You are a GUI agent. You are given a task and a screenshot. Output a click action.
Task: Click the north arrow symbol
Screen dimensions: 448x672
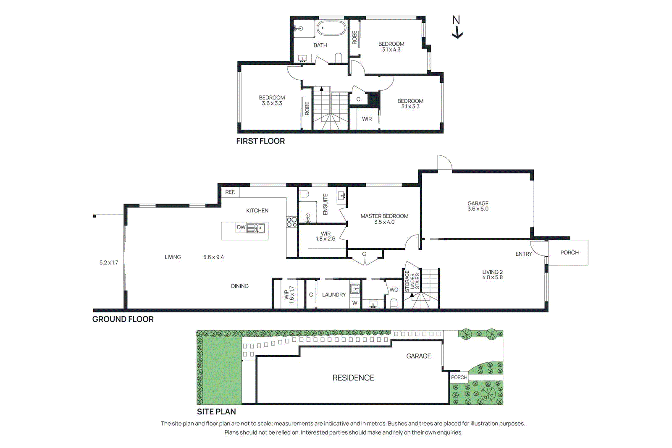point(457,27)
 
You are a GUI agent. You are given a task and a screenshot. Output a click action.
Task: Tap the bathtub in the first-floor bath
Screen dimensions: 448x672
point(331,29)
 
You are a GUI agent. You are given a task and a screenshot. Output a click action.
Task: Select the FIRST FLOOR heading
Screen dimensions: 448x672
point(260,141)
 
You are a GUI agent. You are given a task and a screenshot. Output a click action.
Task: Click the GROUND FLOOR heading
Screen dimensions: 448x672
point(123,319)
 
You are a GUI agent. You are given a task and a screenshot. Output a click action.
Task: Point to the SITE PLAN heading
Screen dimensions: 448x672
point(216,411)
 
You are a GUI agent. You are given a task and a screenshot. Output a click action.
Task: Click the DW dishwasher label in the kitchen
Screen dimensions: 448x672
point(241,228)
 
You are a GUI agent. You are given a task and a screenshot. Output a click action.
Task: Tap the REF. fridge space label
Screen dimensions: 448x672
point(230,192)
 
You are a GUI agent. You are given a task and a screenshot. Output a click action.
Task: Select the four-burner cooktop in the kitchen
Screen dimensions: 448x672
point(292,222)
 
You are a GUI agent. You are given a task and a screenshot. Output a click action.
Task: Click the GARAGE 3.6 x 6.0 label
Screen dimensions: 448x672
point(478,206)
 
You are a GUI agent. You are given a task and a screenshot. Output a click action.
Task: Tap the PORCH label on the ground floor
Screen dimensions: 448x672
point(570,252)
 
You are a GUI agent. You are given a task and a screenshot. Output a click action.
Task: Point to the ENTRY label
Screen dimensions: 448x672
point(524,254)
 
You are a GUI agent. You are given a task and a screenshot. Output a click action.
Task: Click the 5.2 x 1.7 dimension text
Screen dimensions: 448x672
point(109,262)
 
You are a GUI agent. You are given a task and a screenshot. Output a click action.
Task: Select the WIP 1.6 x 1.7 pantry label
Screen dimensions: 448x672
point(289,294)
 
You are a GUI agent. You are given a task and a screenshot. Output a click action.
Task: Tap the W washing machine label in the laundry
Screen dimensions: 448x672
point(355,303)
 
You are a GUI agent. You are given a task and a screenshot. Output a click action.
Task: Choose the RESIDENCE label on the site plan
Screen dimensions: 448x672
point(353,378)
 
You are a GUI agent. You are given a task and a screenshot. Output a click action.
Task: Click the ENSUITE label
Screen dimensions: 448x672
point(325,204)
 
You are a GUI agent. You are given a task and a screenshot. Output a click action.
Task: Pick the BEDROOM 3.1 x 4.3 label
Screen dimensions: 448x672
point(391,47)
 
